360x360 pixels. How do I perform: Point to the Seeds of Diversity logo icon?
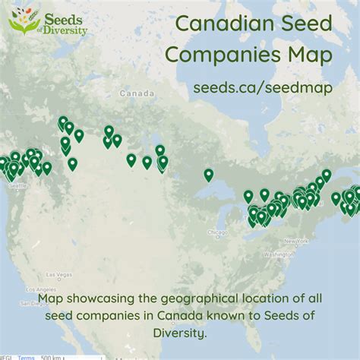pyautogui.click(x=24, y=21)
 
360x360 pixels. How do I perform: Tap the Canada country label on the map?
pyautogui.click(x=134, y=93)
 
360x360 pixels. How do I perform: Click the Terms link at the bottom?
pyautogui.click(x=27, y=356)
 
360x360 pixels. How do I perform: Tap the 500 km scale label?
pyautogui.click(x=51, y=356)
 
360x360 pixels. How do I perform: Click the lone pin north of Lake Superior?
pyautogui.click(x=209, y=175)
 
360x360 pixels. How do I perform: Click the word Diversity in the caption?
pyautogui.click(x=180, y=333)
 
